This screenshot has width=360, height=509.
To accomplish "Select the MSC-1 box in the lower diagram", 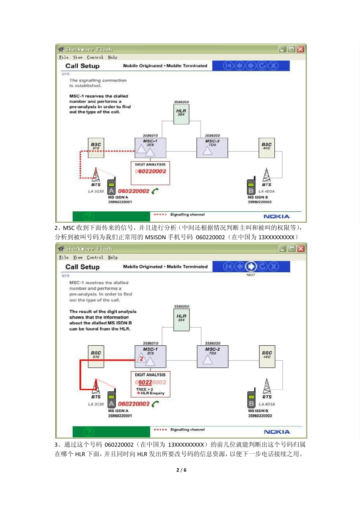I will [x=150, y=356].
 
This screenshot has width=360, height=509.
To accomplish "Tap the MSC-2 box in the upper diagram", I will [x=212, y=148].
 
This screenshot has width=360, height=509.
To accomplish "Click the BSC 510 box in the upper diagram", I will [x=96, y=148].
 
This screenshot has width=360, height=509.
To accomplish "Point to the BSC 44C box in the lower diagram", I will [x=267, y=356].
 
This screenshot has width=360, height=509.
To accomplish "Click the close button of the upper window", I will [x=301, y=49].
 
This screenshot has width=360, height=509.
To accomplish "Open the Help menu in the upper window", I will [x=113, y=58].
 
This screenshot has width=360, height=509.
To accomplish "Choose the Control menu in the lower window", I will [x=95, y=258].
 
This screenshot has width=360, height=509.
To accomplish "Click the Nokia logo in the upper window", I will [x=276, y=216].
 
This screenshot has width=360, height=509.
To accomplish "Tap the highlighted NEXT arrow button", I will [x=251, y=267].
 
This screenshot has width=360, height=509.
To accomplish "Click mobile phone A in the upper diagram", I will [x=111, y=187].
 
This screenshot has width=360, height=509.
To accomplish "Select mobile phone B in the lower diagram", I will [x=251, y=400].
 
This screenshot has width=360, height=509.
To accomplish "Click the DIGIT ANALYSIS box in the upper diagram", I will [x=150, y=173].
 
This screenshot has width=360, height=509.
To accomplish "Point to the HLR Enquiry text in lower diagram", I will [x=152, y=393].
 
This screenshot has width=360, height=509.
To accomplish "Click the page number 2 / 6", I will [x=182, y=470].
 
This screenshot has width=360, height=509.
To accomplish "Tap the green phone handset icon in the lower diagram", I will [x=155, y=404].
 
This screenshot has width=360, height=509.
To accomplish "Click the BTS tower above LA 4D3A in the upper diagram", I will [x=267, y=175].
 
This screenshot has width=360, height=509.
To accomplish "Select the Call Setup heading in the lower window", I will [x=83, y=267].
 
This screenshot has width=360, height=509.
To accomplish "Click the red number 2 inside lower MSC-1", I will [x=141, y=358].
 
